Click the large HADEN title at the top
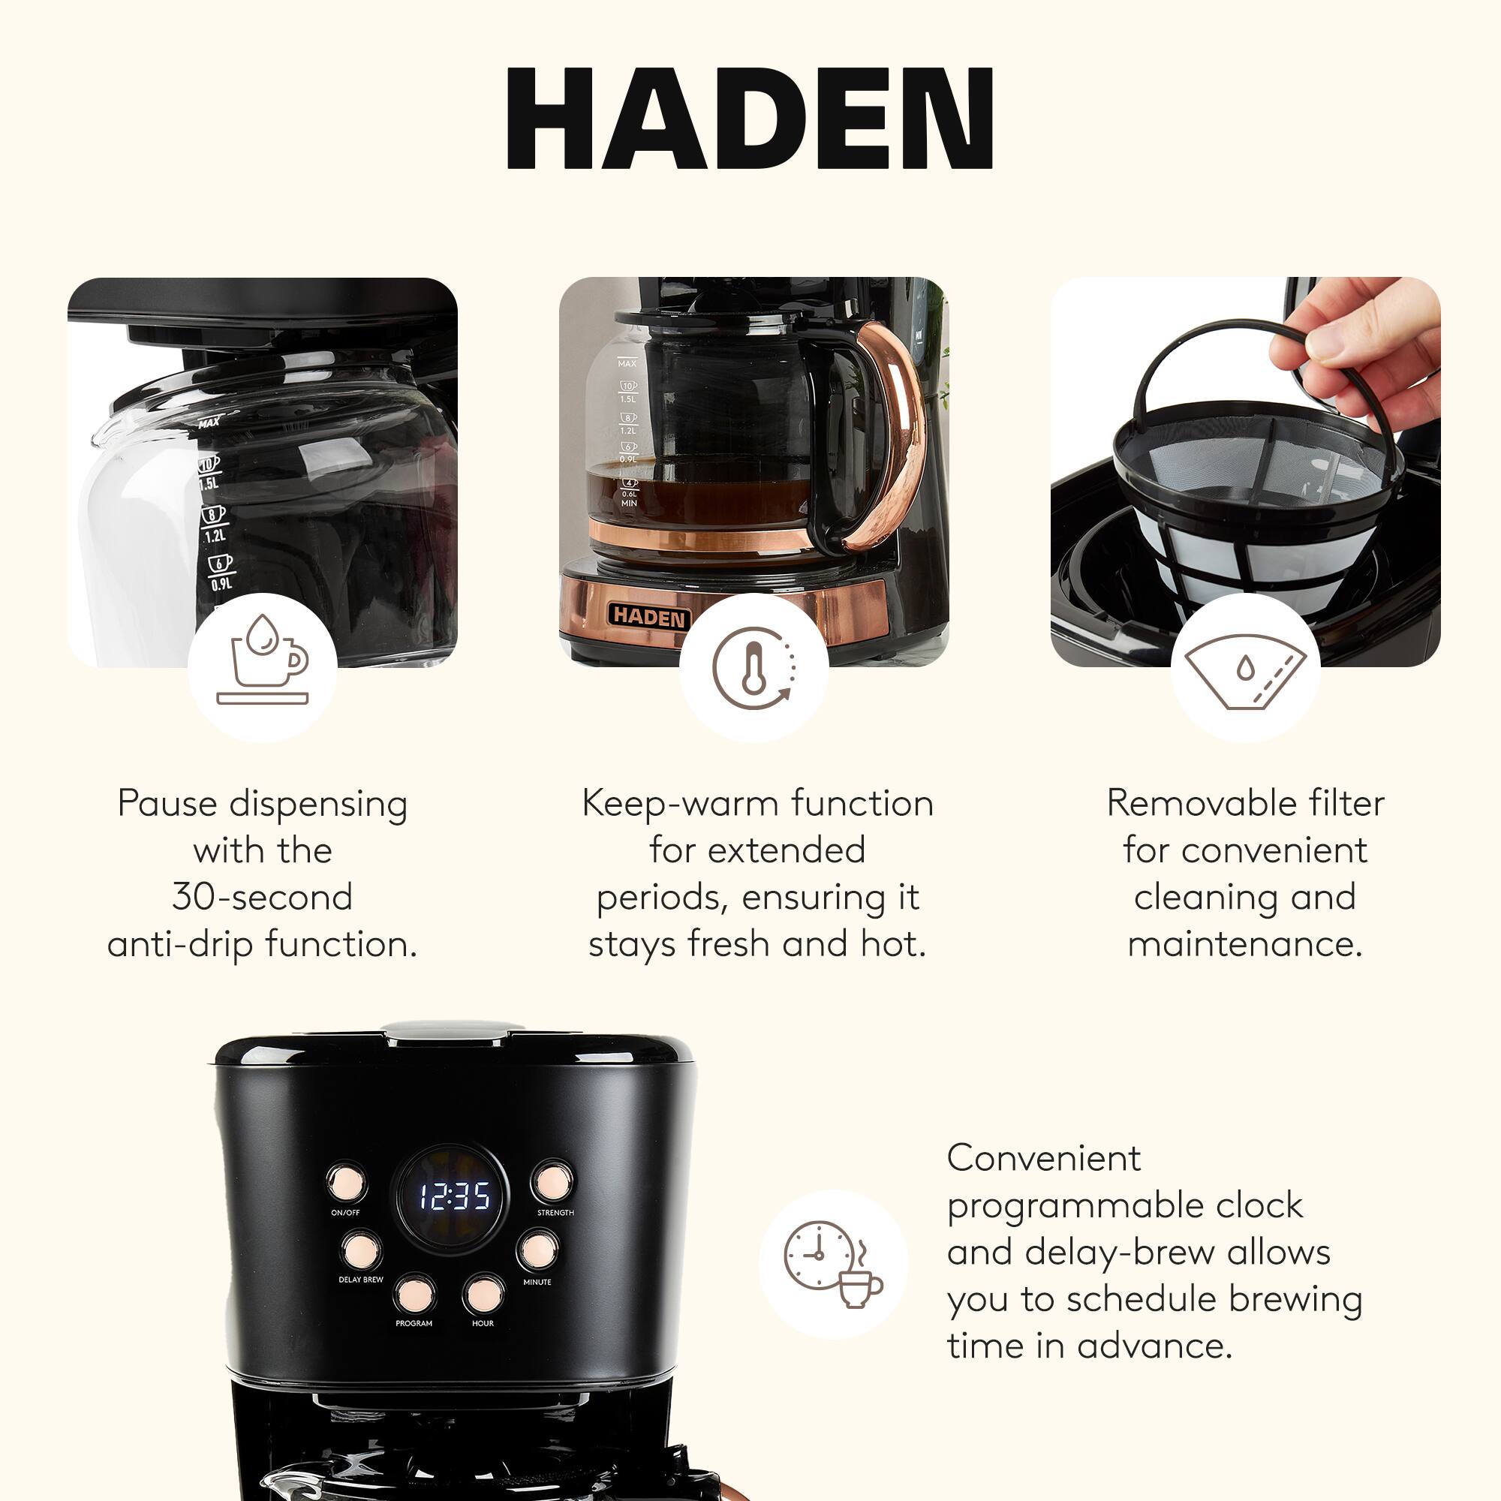coord(750,118)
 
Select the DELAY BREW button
coord(361,1250)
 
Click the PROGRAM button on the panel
coord(414,1294)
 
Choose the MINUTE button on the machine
coord(537,1250)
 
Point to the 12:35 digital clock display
coord(455,1197)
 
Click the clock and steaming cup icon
coord(833,1264)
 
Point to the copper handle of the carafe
coord(893,435)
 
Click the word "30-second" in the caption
coord(263,897)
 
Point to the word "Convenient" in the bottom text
coord(1043,1158)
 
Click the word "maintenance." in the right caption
coord(1245,944)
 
